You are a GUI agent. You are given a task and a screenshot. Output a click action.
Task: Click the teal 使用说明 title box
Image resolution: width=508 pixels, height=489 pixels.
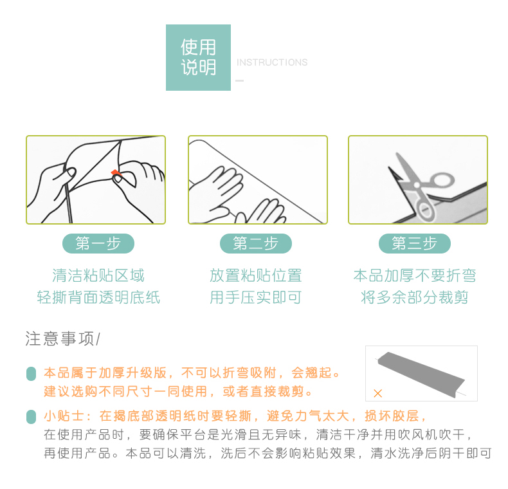(x=198, y=57)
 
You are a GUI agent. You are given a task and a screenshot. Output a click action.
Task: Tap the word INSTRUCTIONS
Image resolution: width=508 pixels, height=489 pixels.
(x=272, y=62)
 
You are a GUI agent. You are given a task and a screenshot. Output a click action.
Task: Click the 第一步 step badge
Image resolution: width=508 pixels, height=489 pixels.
(x=98, y=243)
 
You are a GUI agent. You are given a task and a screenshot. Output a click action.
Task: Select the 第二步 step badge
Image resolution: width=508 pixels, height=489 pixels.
(x=256, y=243)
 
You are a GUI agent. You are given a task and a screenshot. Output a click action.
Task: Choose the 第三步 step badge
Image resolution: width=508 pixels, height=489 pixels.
(x=414, y=243)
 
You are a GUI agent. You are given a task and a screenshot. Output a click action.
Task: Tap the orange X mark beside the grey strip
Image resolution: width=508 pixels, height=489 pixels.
(x=377, y=393)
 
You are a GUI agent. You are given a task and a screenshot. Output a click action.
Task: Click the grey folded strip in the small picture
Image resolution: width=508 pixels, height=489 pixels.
(x=421, y=374)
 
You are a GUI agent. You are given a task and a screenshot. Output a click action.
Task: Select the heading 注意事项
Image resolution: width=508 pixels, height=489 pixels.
(x=60, y=338)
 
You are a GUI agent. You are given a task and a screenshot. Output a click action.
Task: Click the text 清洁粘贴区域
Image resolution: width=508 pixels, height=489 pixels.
(x=98, y=275)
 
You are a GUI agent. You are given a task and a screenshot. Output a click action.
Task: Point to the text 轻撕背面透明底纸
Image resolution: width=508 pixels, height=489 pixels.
(x=98, y=297)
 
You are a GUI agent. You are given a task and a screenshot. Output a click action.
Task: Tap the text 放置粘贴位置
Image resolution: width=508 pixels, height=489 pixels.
(x=256, y=275)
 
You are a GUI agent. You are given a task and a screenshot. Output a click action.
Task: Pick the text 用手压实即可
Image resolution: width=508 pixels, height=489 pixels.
(x=256, y=297)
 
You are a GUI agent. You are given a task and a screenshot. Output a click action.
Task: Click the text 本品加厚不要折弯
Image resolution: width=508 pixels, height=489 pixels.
(x=414, y=275)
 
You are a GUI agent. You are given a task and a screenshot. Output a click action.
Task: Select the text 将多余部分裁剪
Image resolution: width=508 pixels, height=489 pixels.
(x=414, y=297)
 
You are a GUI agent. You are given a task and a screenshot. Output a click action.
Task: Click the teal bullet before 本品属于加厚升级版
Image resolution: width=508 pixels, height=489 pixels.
(x=31, y=374)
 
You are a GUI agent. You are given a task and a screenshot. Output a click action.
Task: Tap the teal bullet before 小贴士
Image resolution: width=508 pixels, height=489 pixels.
(x=31, y=417)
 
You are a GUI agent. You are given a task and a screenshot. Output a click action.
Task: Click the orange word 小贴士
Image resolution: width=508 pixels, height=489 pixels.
(x=64, y=416)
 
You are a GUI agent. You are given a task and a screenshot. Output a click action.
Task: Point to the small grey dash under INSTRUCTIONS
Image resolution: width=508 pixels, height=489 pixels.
(x=239, y=80)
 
